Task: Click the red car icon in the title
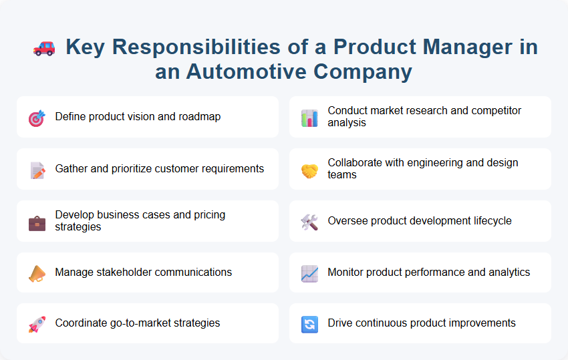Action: pyautogui.click(x=44, y=47)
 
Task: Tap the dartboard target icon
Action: pyautogui.click(x=37, y=118)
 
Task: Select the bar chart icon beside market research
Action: pyautogui.click(x=309, y=118)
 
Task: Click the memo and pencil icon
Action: pyautogui.click(x=37, y=170)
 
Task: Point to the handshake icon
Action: pyautogui.click(x=309, y=170)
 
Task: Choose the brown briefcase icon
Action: pyautogui.click(x=37, y=222)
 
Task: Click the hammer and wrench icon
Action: pyautogui.click(x=309, y=222)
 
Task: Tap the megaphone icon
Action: pyautogui.click(x=37, y=273)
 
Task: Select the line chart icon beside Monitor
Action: pyautogui.click(x=309, y=273)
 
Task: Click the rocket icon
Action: pyautogui.click(x=37, y=325)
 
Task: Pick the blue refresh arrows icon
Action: pyautogui.click(x=309, y=325)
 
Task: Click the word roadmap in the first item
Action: pyautogui.click(x=198, y=117)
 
